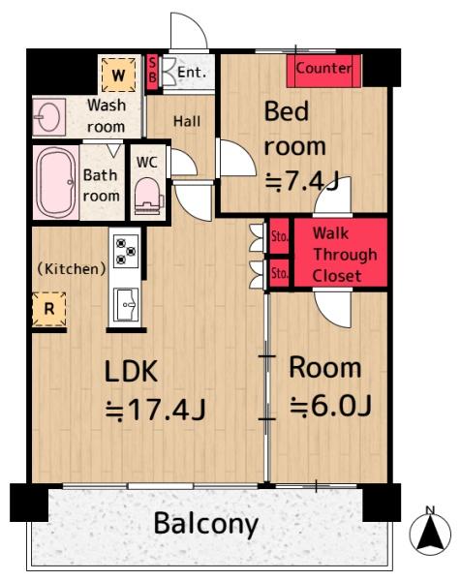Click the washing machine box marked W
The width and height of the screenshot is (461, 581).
pyautogui.click(x=118, y=75)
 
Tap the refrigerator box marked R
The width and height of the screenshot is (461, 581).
pyautogui.click(x=49, y=309)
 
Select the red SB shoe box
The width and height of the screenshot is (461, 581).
pyautogui.click(x=152, y=73)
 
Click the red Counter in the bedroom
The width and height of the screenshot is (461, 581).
pyautogui.click(x=323, y=71)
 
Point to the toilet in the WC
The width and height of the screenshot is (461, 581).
pyautogui.click(x=149, y=197)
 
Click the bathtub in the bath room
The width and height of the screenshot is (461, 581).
pyautogui.click(x=55, y=183)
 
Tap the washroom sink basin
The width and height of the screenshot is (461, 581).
pyautogui.click(x=48, y=117)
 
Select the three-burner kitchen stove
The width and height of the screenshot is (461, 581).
pyautogui.click(x=126, y=251)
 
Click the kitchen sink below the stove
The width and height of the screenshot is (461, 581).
pyautogui.click(x=126, y=305)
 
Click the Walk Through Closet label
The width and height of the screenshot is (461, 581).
pyautogui.click(x=345, y=255)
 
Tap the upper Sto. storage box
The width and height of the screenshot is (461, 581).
pyautogui.click(x=279, y=236)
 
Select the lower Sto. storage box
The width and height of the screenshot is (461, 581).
pyautogui.click(x=279, y=273)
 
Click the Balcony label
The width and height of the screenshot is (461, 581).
pyautogui.click(x=206, y=524)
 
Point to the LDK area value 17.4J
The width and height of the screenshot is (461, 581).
pyautogui.click(x=156, y=410)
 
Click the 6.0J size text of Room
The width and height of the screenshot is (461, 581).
pyautogui.click(x=330, y=406)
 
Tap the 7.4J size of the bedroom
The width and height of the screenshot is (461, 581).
pyautogui.click(x=302, y=182)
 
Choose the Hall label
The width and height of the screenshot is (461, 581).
pyautogui.click(x=187, y=121)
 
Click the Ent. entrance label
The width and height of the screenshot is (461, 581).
pyautogui.click(x=192, y=72)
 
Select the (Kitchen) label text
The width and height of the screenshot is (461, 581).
pyautogui.click(x=72, y=268)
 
